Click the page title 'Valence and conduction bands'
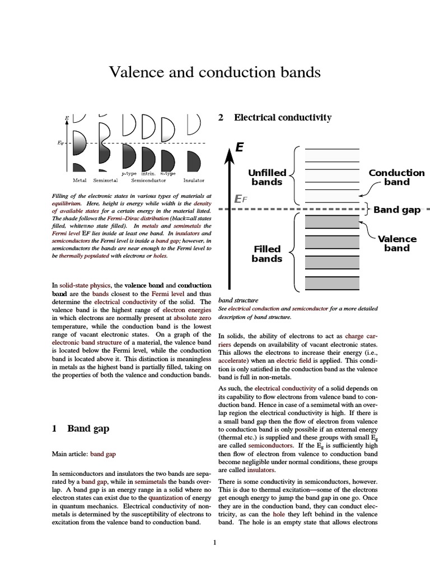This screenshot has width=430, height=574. pos(214,72)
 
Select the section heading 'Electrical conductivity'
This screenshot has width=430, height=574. pos(282,118)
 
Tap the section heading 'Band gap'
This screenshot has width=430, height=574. pos(88,428)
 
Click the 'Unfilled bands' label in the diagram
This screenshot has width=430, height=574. pos(267,177)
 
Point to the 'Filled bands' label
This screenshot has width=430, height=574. pos(267,253)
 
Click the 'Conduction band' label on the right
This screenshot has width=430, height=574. pos(396,177)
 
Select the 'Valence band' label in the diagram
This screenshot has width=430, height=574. pos(396,243)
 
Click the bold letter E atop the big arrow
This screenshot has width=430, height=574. pos(240,147)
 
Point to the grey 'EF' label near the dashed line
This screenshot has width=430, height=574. pos(240,199)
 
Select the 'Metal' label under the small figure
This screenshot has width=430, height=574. pos(80,180)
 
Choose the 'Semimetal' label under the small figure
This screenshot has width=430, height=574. pos(105,180)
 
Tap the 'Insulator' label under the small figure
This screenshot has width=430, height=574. pos(194,180)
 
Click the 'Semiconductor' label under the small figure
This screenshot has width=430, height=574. pos(148,180)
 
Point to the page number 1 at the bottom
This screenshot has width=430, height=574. pos(214,542)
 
